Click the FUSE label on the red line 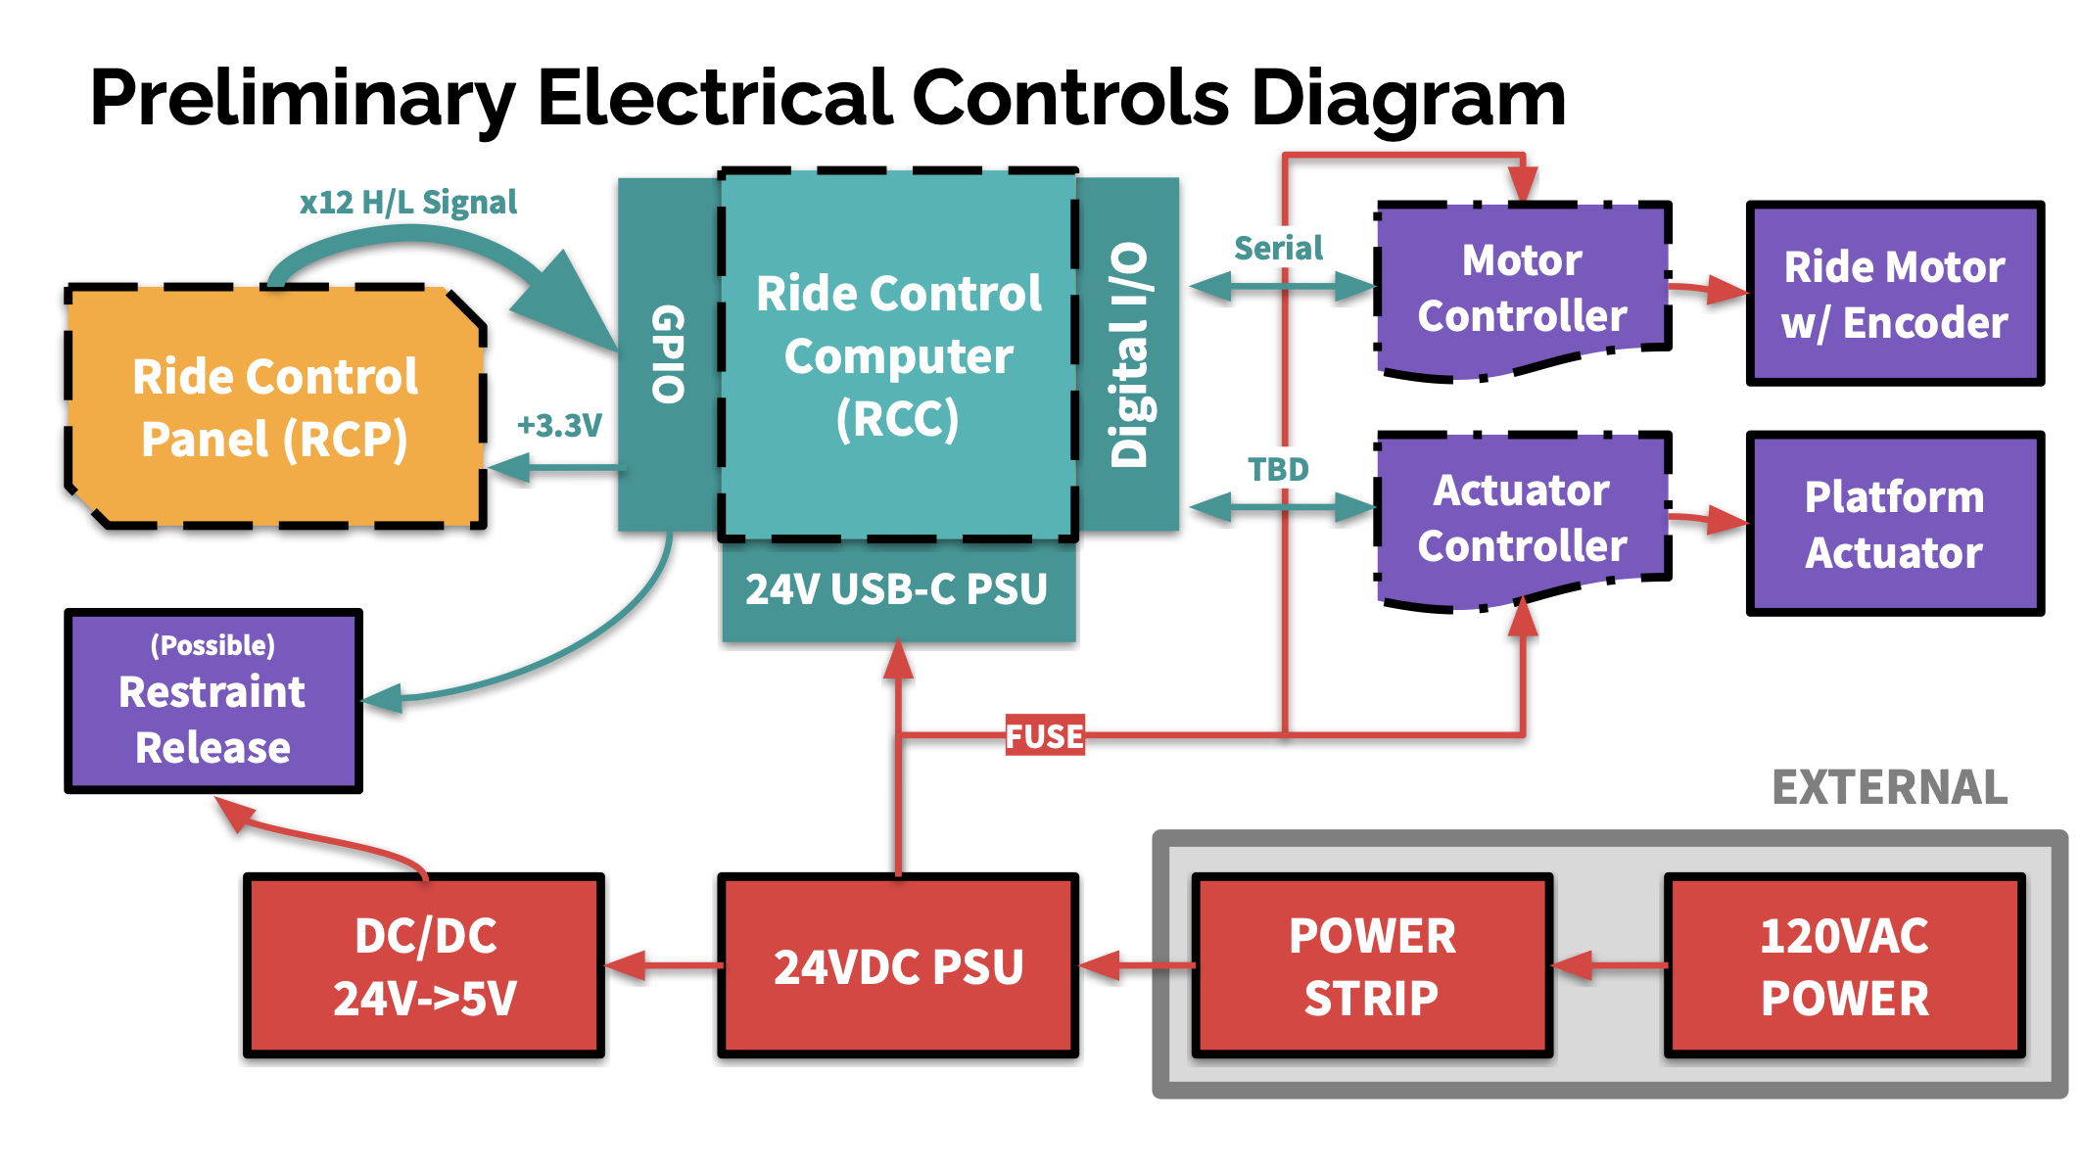point(1045,735)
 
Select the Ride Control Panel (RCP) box point(275,407)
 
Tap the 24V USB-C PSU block point(897,589)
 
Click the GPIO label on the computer point(668,353)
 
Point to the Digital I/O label point(1128,354)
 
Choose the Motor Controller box point(1522,289)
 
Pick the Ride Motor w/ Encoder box point(1894,294)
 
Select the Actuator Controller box point(1522,519)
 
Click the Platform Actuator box point(1894,524)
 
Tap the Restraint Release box point(213,701)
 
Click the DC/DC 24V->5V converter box point(424,966)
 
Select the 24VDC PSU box point(898,966)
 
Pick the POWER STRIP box point(1371,966)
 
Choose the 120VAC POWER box point(1844,966)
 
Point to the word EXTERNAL point(1889,787)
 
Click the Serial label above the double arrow point(1278,248)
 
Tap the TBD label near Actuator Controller point(1278,469)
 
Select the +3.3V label point(559,425)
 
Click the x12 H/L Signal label point(408,202)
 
